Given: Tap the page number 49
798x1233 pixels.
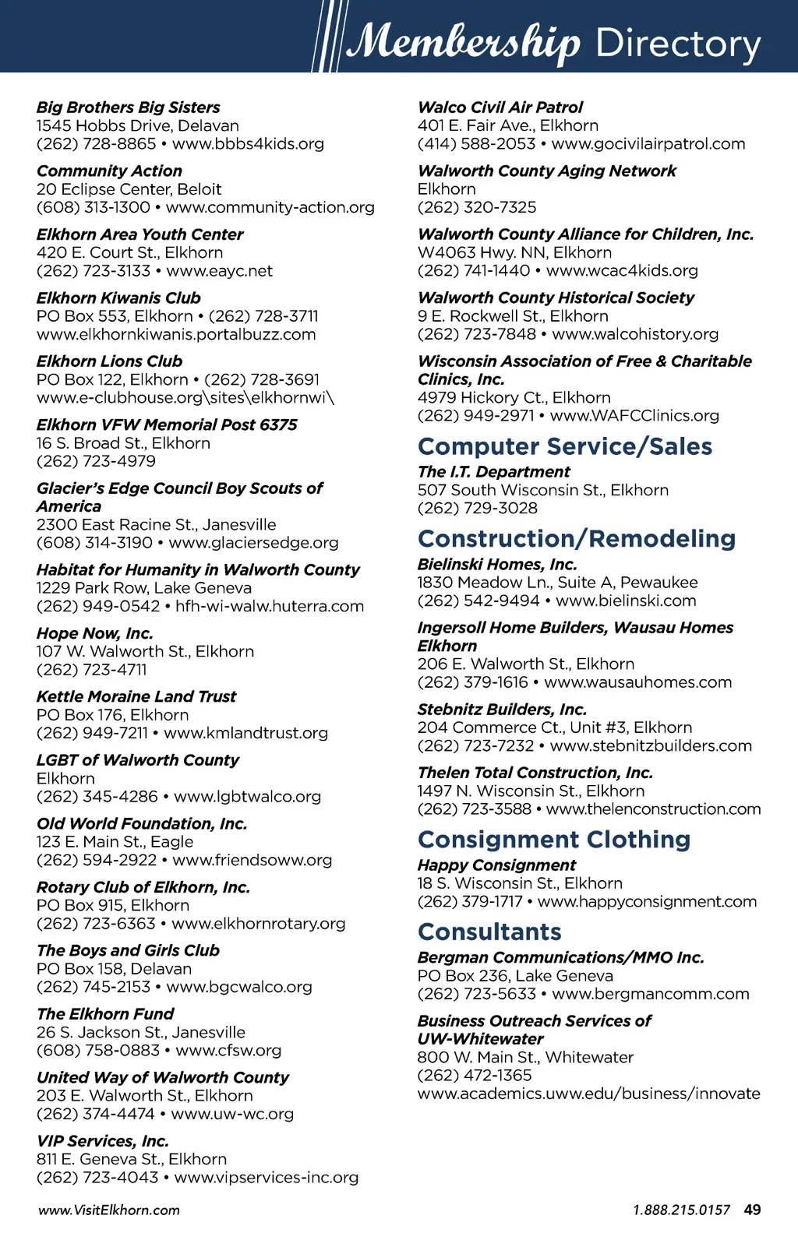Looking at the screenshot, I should point(752,1210).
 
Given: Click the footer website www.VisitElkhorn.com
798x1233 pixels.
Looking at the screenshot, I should point(108,1210).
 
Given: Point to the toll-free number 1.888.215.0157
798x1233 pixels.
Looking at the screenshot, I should point(681,1210).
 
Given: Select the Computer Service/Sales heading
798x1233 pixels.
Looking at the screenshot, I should point(565,446).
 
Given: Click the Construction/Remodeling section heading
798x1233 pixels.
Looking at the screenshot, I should point(577,539).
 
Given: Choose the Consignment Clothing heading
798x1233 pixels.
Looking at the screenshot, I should point(554,840).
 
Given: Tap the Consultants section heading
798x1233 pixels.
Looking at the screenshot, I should point(489,932).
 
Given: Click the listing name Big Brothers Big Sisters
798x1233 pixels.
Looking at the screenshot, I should point(129,107).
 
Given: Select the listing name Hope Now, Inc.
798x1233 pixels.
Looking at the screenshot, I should point(95,633).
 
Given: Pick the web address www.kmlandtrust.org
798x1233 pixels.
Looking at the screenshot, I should point(245,733).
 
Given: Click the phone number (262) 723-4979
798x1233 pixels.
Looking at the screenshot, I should point(96,461).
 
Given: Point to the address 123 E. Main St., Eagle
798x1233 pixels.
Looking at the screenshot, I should point(115,842).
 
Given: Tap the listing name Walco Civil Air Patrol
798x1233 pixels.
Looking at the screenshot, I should point(500,107).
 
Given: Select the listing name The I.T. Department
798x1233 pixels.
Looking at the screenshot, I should point(494,472).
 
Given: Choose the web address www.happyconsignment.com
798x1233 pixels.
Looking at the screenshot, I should point(647,902).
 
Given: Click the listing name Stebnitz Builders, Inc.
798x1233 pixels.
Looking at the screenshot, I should point(502,710).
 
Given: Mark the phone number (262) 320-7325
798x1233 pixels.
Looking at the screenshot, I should point(477,207).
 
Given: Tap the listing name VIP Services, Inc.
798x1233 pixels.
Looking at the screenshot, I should point(103,1141).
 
